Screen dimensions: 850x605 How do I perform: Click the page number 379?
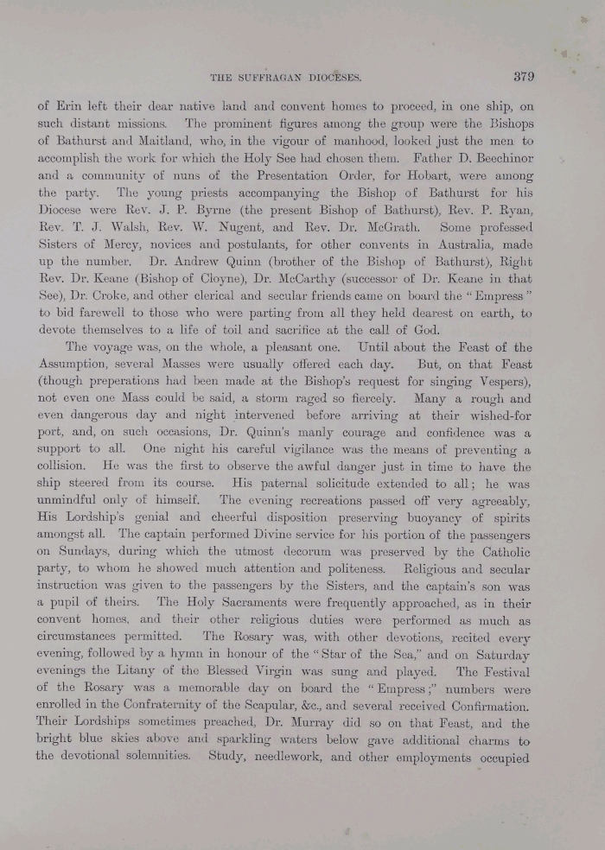[x=524, y=76]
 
